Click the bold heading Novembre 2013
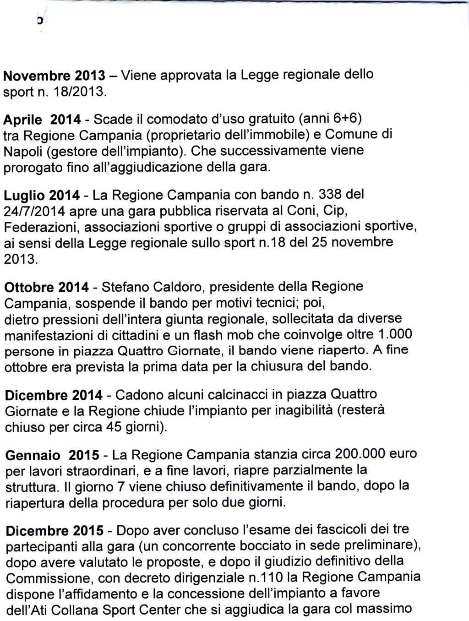[x=54, y=75]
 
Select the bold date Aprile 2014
[x=42, y=120]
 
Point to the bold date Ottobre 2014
[x=46, y=288]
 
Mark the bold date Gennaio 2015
[x=52, y=455]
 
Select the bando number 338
[x=329, y=195]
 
